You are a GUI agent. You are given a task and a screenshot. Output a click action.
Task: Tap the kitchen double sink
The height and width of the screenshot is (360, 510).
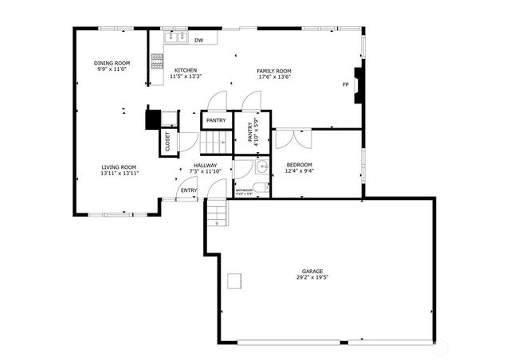(175, 37)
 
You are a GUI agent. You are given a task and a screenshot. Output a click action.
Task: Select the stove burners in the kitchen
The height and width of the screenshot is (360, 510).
(157, 61)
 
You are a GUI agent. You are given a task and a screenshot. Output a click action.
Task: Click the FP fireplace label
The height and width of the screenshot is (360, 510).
(345, 84)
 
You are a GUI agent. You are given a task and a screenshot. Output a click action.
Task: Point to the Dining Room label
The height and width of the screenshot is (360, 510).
(112, 63)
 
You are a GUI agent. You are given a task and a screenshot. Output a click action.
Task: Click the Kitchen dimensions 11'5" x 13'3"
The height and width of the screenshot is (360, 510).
(186, 77)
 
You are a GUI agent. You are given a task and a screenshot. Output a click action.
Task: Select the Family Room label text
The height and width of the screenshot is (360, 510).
(273, 71)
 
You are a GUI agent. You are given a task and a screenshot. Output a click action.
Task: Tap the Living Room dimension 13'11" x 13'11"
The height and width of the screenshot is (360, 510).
(119, 173)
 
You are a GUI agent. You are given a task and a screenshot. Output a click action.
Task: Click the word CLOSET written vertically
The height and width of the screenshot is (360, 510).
(168, 143)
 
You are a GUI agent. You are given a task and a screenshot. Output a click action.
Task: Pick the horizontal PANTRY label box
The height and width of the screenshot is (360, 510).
(216, 121)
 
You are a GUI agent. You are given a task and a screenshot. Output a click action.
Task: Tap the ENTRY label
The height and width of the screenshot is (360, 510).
(188, 190)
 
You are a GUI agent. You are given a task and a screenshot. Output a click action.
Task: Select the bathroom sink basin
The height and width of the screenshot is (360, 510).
(261, 168)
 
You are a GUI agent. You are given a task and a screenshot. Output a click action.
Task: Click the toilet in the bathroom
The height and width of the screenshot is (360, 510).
(261, 187)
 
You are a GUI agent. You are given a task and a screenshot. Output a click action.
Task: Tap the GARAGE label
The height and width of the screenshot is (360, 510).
(312, 271)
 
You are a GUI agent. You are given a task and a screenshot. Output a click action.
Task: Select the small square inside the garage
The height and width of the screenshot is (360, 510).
(235, 280)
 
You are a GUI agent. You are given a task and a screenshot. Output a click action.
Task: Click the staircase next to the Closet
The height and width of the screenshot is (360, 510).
(214, 143)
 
